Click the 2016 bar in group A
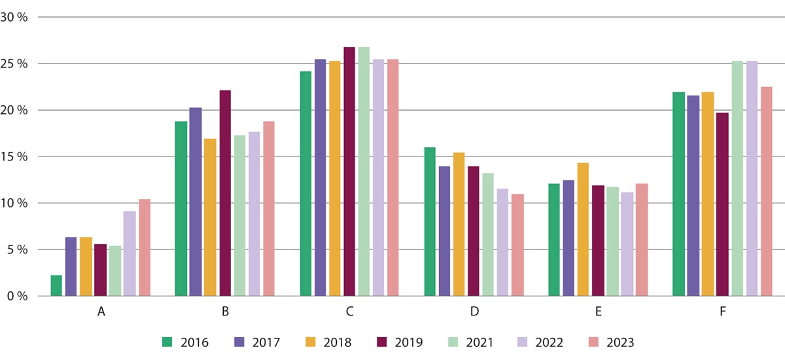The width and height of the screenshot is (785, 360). click(56, 285)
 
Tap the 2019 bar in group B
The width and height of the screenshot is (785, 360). click(225, 193)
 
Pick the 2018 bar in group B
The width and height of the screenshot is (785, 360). click(210, 217)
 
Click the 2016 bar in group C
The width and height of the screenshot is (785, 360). click(305, 183)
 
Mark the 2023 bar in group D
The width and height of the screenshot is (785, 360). click(517, 245)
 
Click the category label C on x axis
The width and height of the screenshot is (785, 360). click(349, 312)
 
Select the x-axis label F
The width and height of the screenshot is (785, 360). click(722, 312)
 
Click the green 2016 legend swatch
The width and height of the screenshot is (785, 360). click(168, 341)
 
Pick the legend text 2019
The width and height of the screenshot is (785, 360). click(409, 342)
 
